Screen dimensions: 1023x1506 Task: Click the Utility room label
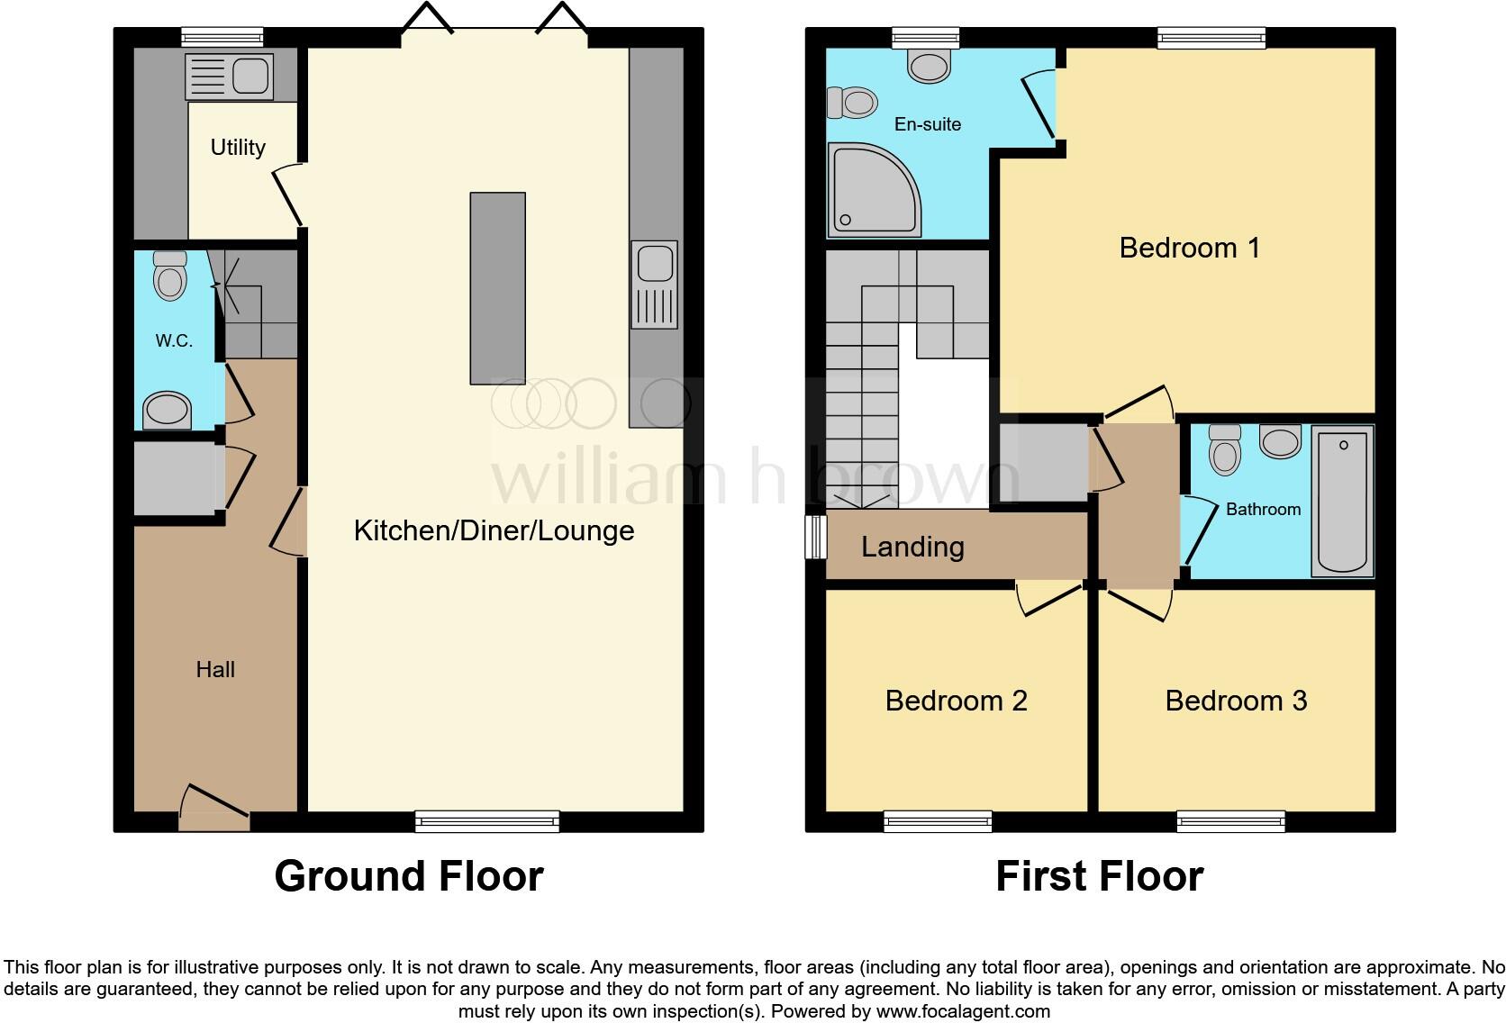pos(238,147)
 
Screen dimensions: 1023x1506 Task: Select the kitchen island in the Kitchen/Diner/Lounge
pos(497,288)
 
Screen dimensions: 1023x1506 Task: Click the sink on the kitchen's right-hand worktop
pos(654,285)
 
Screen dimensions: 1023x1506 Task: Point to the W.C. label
pos(174,340)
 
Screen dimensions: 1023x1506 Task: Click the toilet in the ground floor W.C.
pos(170,276)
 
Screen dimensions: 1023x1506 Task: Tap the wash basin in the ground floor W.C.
pos(168,411)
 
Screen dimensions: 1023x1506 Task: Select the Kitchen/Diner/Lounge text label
pos(494,530)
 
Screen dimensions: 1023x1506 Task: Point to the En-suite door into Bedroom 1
pos(1039,108)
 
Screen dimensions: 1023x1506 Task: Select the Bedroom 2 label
pos(956,701)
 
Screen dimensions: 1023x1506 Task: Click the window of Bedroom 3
pos(1230,820)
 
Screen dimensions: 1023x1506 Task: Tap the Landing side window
pos(816,537)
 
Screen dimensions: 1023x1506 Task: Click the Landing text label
pos(912,547)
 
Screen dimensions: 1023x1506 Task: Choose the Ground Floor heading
pos(408,876)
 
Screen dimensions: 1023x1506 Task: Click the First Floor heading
pos(1099,876)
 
